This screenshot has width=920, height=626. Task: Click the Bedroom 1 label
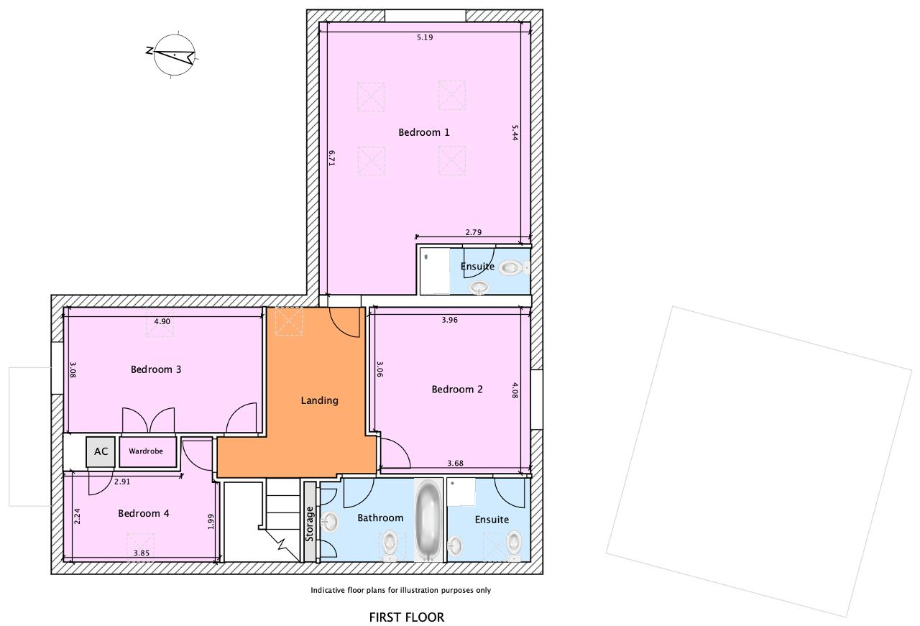click(x=424, y=132)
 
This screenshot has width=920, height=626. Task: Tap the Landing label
click(x=320, y=400)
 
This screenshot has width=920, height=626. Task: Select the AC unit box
click(x=101, y=451)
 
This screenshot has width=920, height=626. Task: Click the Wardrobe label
click(x=146, y=451)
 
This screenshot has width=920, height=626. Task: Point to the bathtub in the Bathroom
click(x=428, y=520)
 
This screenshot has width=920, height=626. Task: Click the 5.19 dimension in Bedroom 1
click(x=425, y=37)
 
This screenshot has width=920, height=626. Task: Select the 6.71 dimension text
click(x=332, y=157)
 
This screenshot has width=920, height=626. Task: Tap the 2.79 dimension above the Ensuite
click(x=474, y=232)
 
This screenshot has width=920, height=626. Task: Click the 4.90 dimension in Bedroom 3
click(x=162, y=321)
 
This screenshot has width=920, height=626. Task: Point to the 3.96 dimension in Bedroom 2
click(x=450, y=320)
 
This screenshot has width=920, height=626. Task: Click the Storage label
click(x=309, y=524)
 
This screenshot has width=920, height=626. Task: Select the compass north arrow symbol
click(x=173, y=55)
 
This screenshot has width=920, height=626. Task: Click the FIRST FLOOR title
click(x=407, y=617)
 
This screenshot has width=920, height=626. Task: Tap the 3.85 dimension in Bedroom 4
click(x=142, y=553)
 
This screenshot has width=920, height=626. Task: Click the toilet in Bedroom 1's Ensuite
click(x=513, y=268)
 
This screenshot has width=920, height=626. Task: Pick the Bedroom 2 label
click(x=457, y=389)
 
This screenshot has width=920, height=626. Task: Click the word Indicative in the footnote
click(x=328, y=590)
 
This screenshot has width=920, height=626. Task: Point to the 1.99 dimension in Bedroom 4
click(x=211, y=521)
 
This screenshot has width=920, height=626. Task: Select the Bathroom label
click(x=380, y=517)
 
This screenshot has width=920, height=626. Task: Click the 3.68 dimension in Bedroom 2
click(x=456, y=463)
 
